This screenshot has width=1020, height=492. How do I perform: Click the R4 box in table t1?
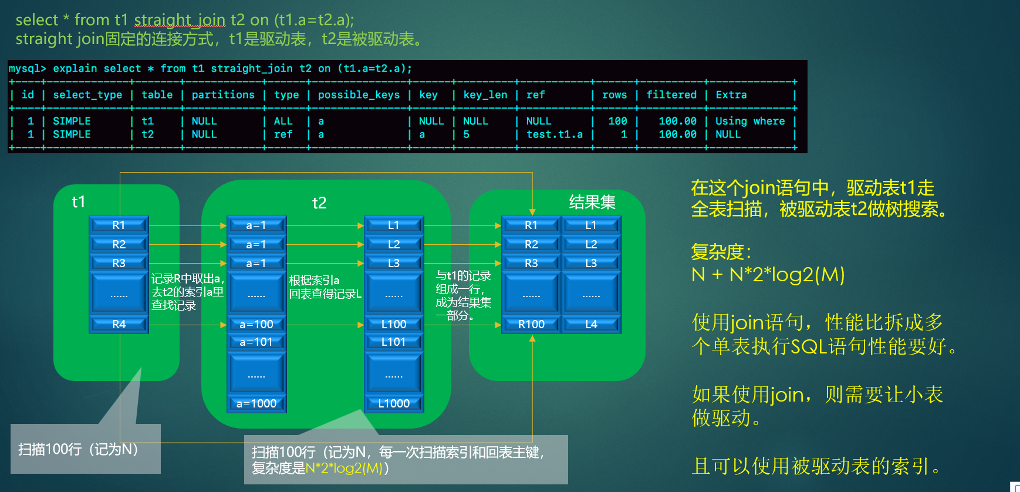click(x=119, y=324)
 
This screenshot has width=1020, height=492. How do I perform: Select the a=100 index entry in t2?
click(x=256, y=324)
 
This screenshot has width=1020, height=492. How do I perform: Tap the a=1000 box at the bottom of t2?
click(x=256, y=403)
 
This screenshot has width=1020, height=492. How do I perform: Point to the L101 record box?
click(x=394, y=342)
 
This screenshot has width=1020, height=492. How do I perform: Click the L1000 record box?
click(x=394, y=403)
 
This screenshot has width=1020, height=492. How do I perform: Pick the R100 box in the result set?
click(x=531, y=324)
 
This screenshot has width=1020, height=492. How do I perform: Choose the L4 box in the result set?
click(x=591, y=324)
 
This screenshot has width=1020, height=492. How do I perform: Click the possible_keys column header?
click(x=359, y=95)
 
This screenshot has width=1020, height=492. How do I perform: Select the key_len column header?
click(x=485, y=95)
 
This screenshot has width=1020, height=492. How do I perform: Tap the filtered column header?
click(x=671, y=95)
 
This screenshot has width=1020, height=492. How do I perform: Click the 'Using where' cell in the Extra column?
click(x=749, y=121)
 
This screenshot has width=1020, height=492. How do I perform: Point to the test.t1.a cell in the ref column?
click(x=554, y=134)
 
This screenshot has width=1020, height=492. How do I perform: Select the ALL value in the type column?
click(x=283, y=121)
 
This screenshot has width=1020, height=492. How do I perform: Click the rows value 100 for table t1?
click(x=617, y=121)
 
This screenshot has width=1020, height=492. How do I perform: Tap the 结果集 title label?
click(x=592, y=202)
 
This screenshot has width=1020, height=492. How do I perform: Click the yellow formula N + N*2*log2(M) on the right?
click(x=768, y=274)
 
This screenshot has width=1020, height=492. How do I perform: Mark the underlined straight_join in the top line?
click(x=180, y=20)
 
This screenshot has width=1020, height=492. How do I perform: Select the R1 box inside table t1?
click(x=119, y=225)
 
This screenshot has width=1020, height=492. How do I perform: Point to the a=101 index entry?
click(x=256, y=342)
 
